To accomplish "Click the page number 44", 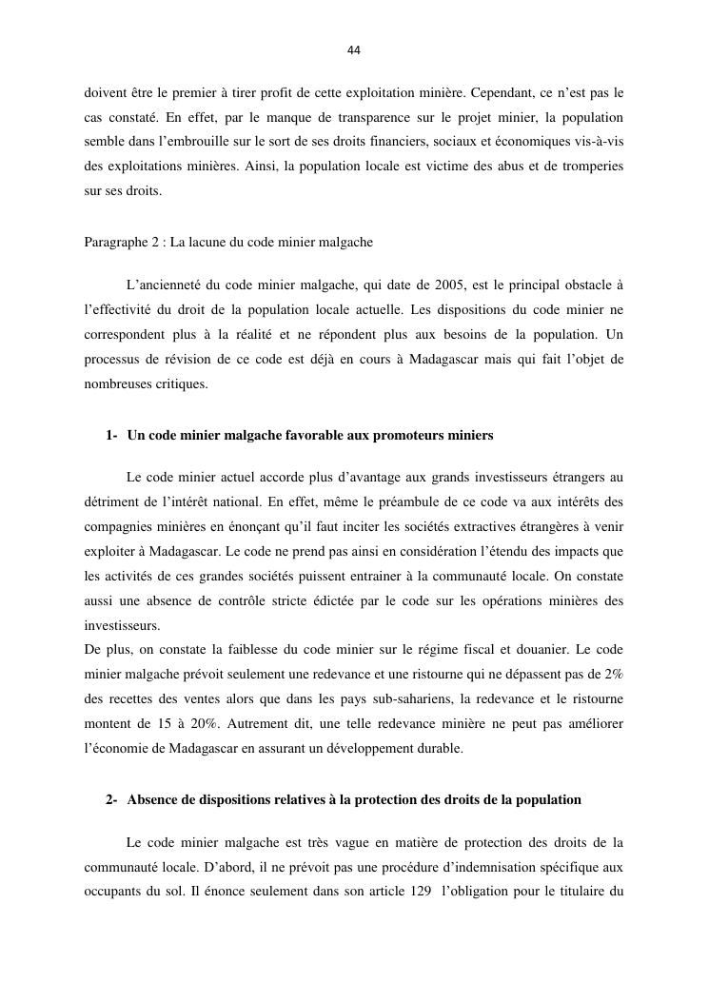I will point(354,50).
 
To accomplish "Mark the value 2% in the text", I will point(611,675).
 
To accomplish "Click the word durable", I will point(436,749).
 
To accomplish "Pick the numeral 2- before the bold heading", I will point(113,800).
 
